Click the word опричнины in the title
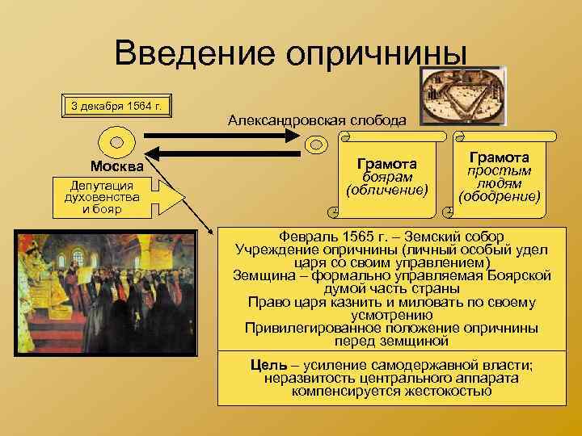point(383,55)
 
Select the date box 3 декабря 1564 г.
point(117,105)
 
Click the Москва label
point(117,166)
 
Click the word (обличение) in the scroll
point(386,191)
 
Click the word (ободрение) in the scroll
point(499,196)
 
